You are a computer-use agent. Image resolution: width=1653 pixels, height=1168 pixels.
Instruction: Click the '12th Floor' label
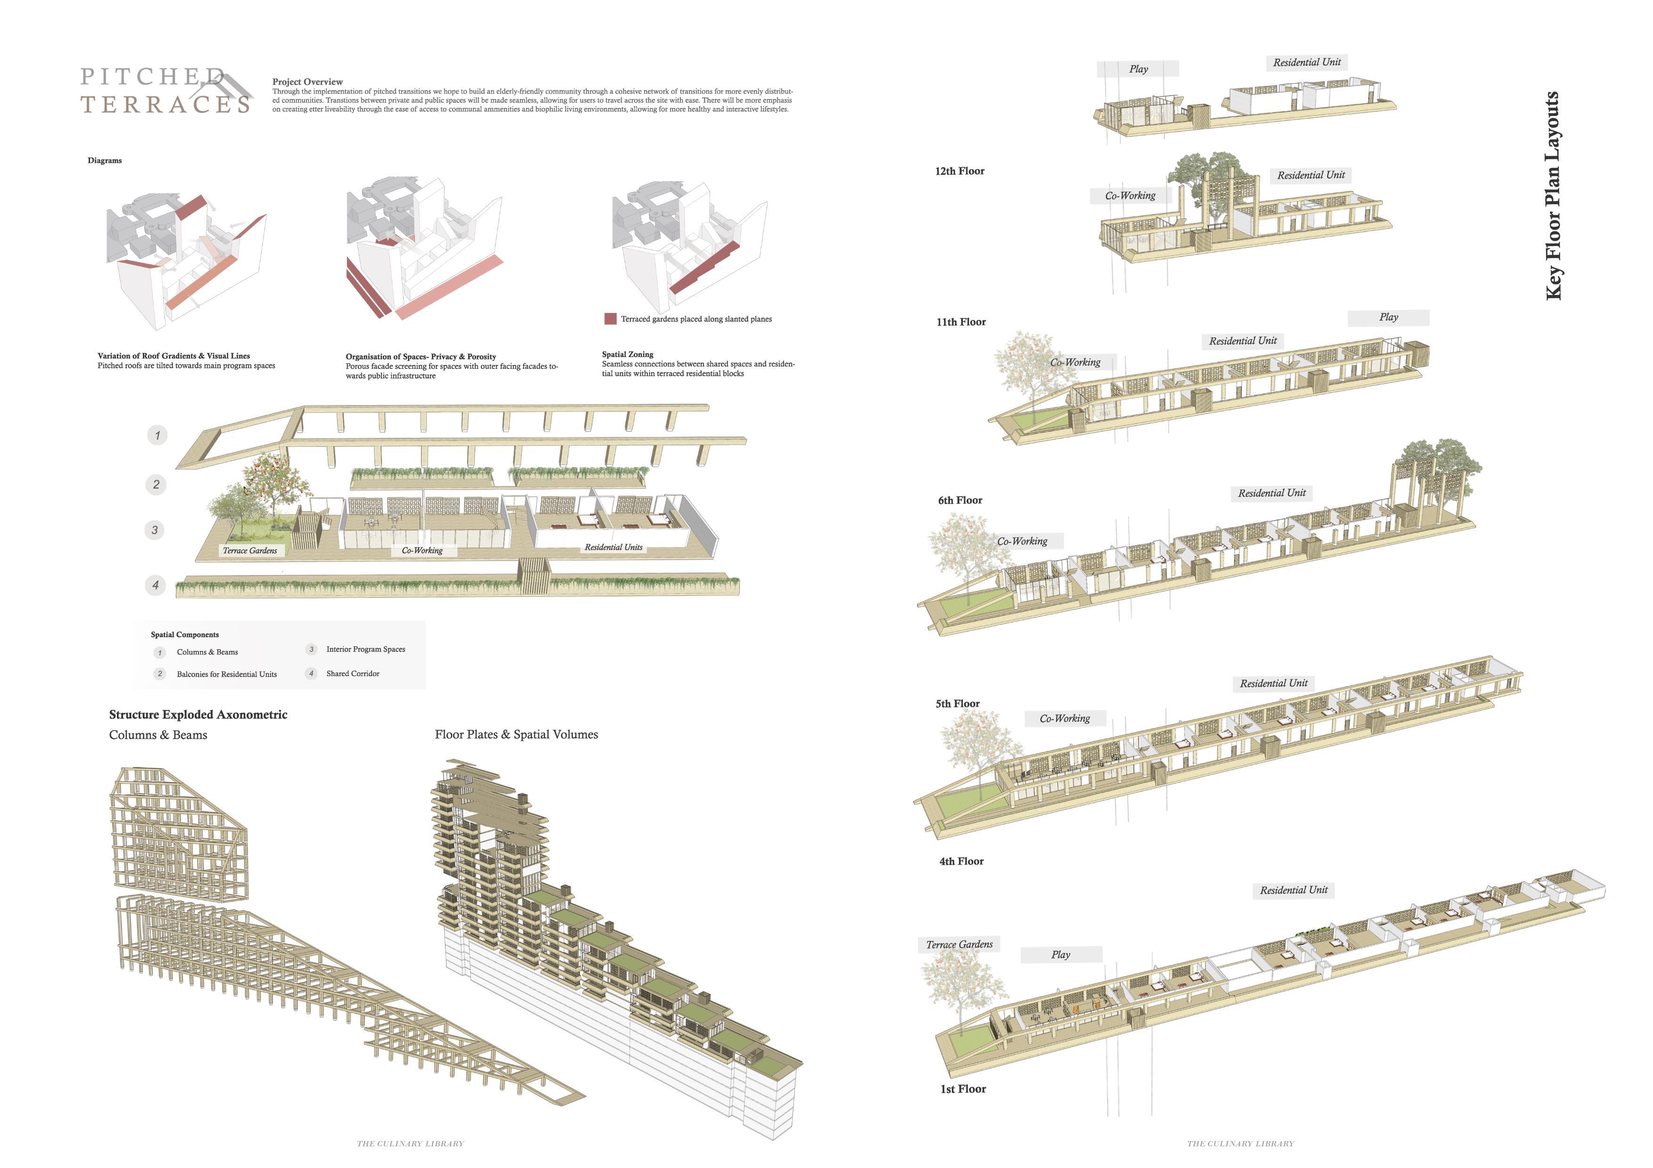(959, 172)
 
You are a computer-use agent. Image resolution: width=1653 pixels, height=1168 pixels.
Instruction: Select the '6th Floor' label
(959, 500)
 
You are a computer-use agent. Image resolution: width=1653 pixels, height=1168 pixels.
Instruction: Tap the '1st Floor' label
(963, 1089)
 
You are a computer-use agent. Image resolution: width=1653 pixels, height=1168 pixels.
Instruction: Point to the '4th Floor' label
(961, 861)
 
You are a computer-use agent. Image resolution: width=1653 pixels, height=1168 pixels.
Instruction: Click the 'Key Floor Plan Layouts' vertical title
(1553, 195)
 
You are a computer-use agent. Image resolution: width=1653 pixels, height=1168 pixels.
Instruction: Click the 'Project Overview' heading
(307, 82)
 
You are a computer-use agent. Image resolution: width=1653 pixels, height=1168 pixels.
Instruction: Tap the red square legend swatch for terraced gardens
(611, 319)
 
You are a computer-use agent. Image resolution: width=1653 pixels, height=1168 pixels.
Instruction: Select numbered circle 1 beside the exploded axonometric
(157, 435)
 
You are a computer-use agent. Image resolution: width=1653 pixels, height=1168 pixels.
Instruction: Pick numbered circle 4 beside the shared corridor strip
(156, 585)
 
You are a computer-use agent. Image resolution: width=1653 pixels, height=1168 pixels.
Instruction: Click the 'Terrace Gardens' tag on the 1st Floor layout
(959, 944)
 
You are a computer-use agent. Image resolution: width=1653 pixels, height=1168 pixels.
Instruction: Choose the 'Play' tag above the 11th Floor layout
(1388, 318)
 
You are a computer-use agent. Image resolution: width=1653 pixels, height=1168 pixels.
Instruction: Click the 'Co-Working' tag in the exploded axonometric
(422, 550)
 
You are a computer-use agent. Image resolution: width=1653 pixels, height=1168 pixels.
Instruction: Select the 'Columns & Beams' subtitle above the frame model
(158, 735)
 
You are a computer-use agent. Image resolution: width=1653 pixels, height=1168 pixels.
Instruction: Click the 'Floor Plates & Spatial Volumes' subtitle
(516, 735)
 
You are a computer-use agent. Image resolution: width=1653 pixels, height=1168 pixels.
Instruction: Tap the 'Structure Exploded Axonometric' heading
(198, 715)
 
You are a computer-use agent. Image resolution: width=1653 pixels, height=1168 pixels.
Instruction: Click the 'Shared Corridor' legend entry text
(353, 674)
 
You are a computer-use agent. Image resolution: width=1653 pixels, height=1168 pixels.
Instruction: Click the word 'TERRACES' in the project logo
(165, 105)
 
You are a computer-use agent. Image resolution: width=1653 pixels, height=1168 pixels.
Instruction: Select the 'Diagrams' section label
(104, 161)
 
